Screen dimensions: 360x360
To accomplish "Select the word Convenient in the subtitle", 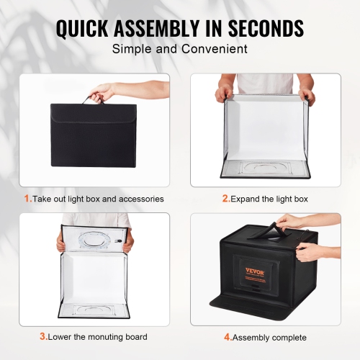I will tap(214, 50).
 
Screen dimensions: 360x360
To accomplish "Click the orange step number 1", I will tap(27, 198).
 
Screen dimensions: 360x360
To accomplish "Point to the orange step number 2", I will tap(225, 198).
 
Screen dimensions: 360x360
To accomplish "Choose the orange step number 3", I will tap(43, 336).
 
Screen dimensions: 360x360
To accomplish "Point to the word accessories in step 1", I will tap(139, 198).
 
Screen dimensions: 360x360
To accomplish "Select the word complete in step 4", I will tap(289, 337).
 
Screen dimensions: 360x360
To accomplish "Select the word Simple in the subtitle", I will tap(130, 50).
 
